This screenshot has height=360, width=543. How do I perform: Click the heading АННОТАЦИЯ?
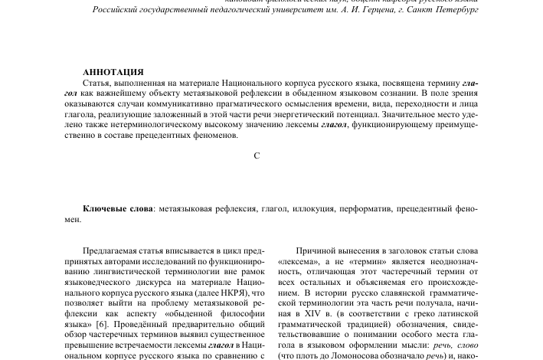[x=113, y=72]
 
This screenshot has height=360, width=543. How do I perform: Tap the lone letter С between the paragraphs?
[x=257, y=155]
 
